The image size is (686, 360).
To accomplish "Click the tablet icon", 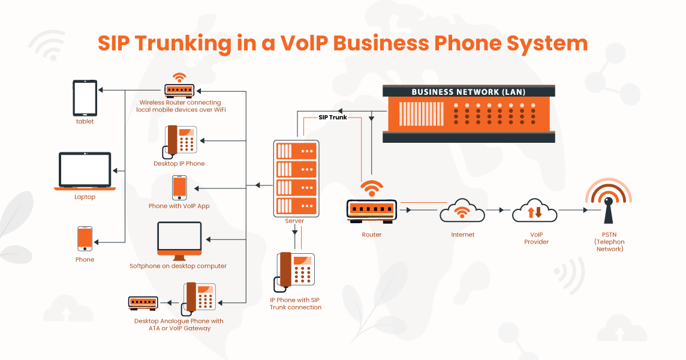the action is pos(85,98).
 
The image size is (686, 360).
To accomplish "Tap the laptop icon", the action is pos(85,171).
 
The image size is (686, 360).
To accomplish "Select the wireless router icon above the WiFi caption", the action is pos(179,85).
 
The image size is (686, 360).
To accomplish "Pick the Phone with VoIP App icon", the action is pos(179,188).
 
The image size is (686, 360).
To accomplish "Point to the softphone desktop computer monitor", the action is pos(179,241).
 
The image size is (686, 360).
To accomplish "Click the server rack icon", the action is pos(296,178).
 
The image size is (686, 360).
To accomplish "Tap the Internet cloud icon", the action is pos(462,211).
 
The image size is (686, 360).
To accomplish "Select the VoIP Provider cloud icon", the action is pos(535,211).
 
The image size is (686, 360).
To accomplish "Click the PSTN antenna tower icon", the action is pos(609,202).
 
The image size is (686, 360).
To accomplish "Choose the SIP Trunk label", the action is pos(332,118).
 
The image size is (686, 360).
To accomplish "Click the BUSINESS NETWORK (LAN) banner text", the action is pos(468,92).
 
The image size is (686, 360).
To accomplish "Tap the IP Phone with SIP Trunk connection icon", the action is pos(294,272).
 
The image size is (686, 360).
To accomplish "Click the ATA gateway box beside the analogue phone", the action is pos(143,303).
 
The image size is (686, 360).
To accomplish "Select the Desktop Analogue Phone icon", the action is pos(199,298).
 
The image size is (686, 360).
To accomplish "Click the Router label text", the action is pos(371,235).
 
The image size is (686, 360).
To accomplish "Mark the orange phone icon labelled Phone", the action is pos(85,239).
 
